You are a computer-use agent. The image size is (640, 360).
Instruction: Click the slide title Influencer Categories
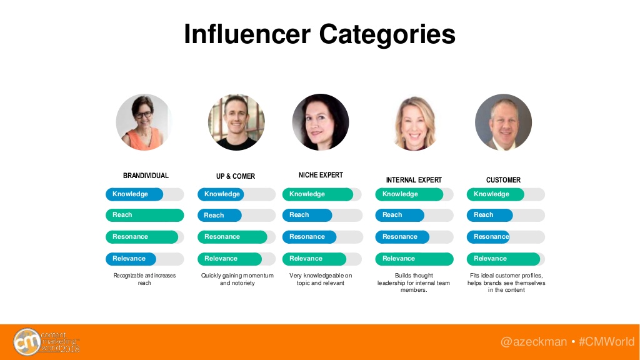[319, 34]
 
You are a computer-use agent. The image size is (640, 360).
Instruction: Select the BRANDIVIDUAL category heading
[146, 176]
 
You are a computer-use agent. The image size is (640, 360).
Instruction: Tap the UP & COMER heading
[236, 176]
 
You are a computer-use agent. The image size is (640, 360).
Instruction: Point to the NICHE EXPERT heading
[321, 175]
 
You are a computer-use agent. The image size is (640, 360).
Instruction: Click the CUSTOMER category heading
[503, 180]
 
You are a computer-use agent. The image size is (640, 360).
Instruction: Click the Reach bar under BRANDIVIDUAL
[145, 215]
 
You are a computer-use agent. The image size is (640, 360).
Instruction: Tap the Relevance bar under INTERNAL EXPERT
[414, 259]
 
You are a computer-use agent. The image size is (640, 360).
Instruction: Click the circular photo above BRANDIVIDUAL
[144, 122]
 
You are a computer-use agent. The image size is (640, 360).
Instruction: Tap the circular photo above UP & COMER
[236, 122]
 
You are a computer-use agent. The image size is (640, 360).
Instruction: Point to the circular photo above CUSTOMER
[503, 122]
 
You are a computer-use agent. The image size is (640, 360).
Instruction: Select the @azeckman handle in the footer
[534, 342]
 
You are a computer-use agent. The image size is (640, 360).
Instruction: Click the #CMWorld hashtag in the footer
[606, 342]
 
